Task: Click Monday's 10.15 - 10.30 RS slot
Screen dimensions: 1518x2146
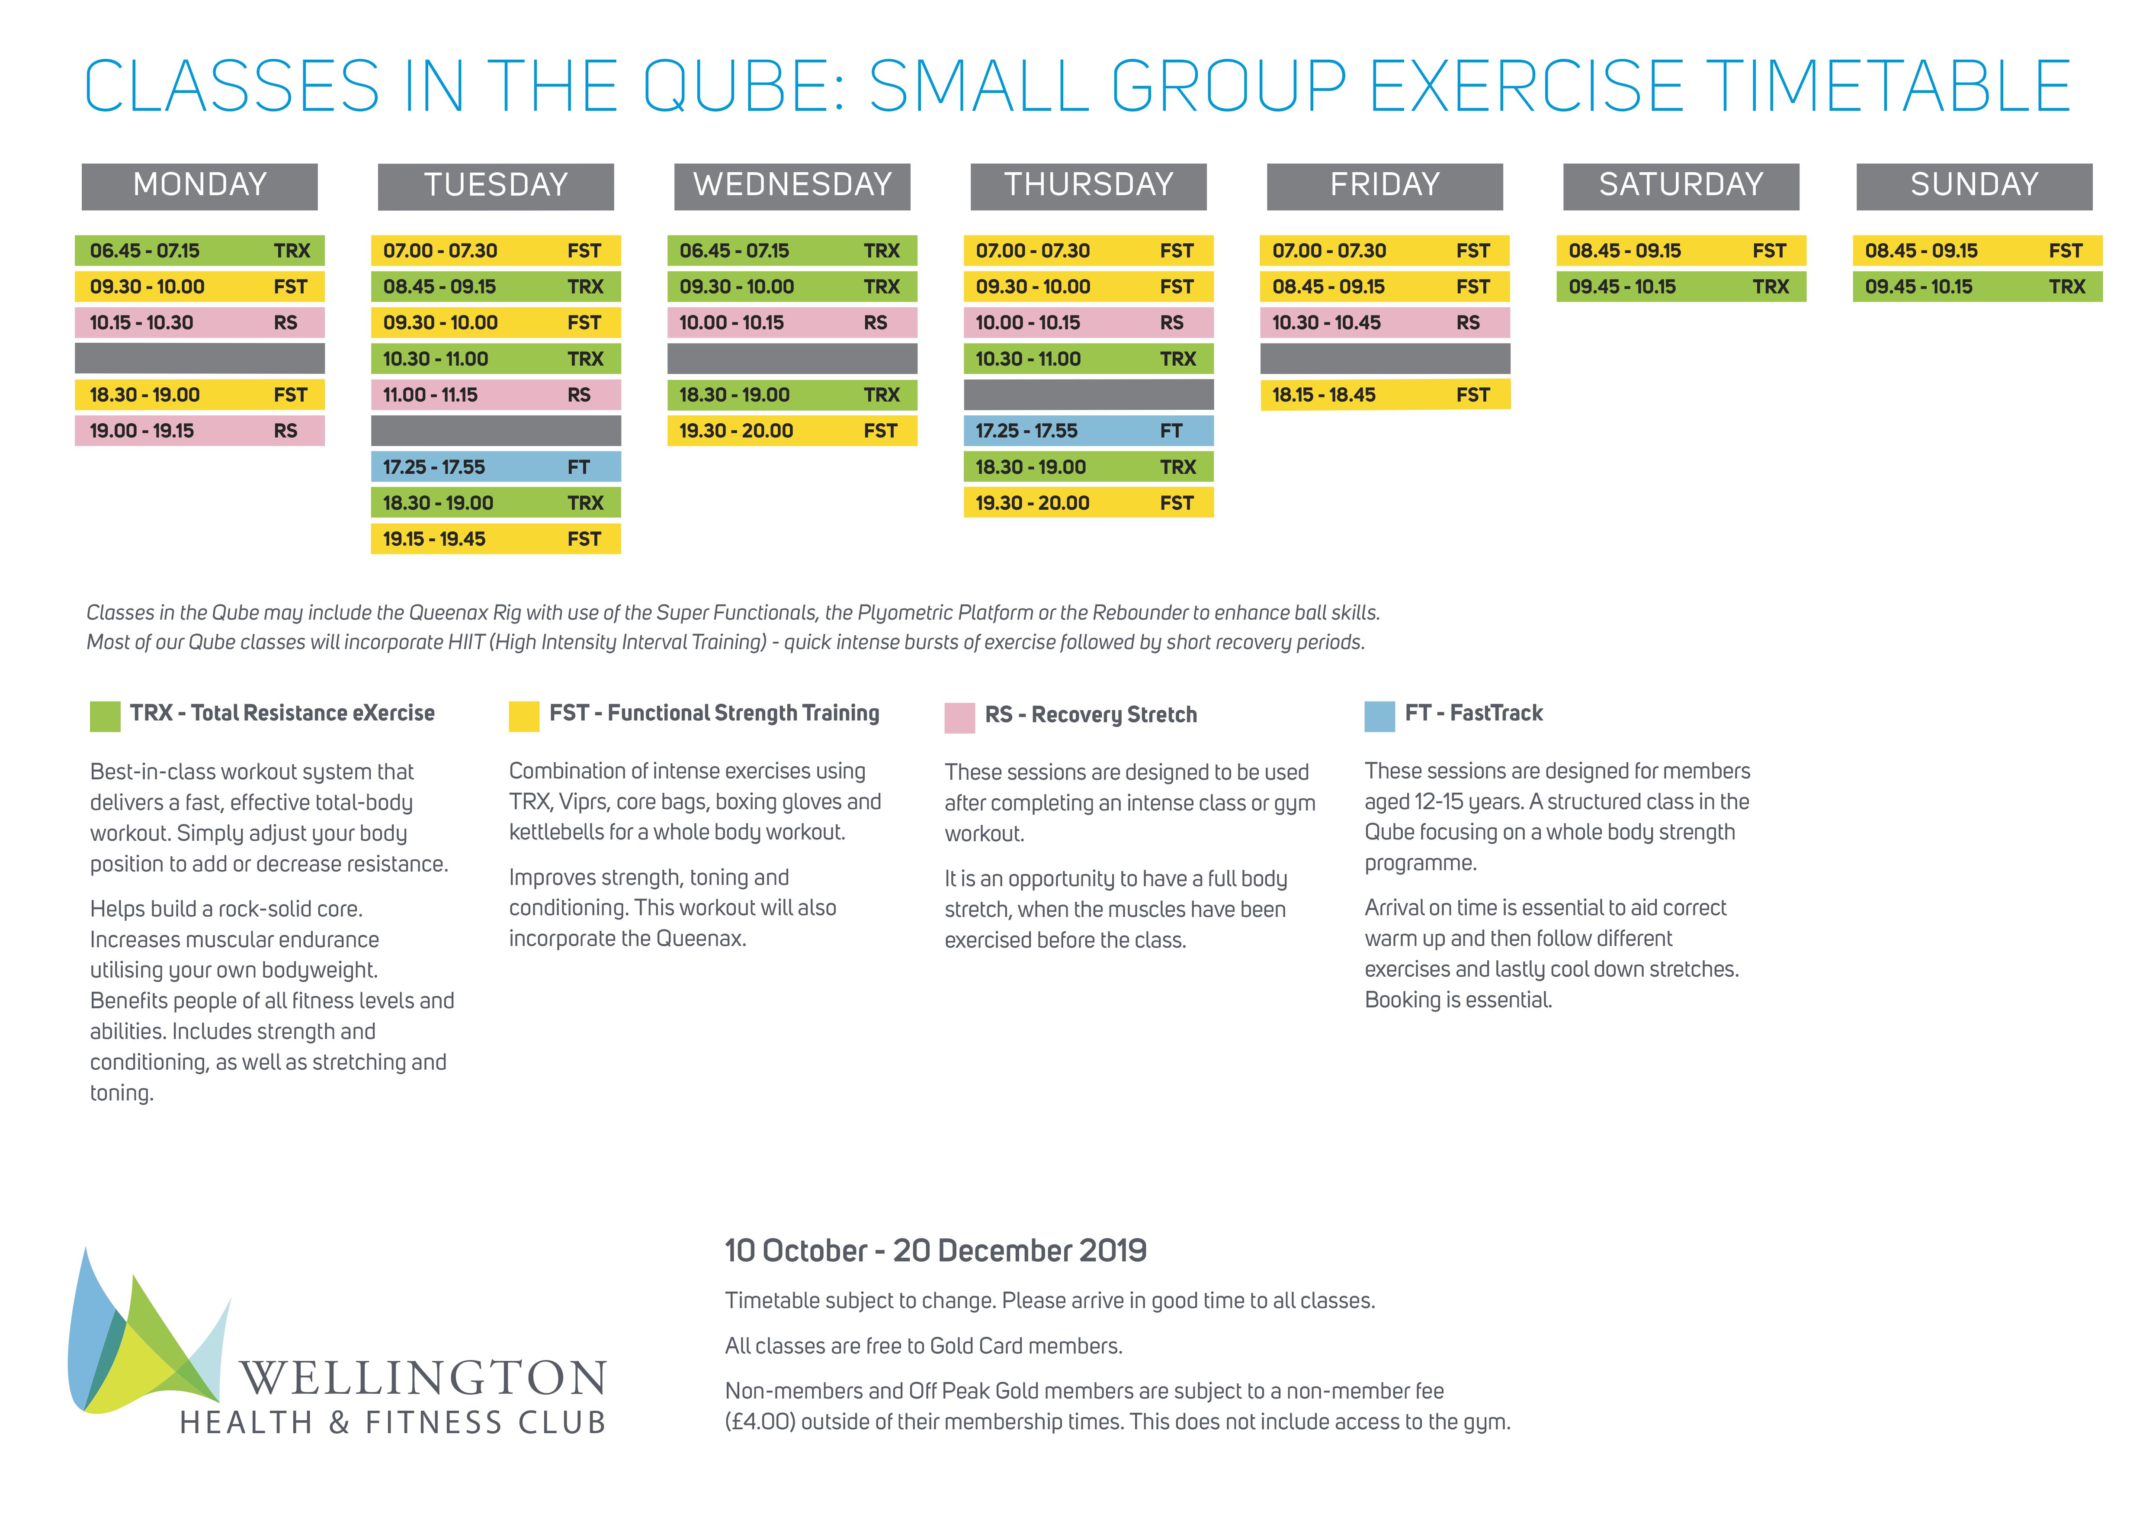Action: tap(199, 322)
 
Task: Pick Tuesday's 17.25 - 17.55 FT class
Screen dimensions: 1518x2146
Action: tap(495, 466)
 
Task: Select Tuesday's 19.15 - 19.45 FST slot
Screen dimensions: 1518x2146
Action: tap(495, 538)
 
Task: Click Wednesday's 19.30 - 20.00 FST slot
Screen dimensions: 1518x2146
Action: tap(792, 431)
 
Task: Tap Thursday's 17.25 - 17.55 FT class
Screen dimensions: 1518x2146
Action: tap(1088, 431)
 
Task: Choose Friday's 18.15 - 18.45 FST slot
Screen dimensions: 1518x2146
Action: tap(1384, 395)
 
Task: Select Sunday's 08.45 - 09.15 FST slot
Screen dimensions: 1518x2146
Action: tap(1977, 251)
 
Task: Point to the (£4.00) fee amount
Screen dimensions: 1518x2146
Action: tap(759, 1422)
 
